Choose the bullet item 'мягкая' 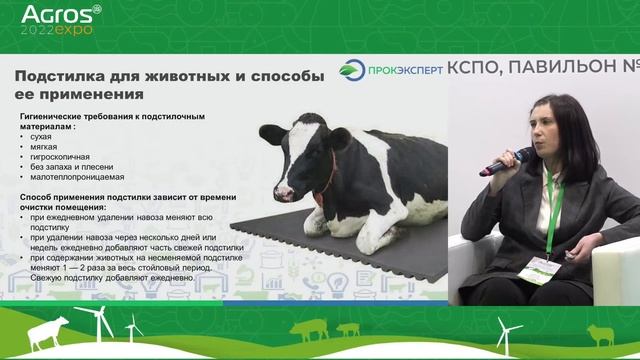(x=47, y=147)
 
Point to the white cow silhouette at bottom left (x=48, y=332)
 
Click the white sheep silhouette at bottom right (x=599, y=334)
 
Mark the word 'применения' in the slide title (x=95, y=94)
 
